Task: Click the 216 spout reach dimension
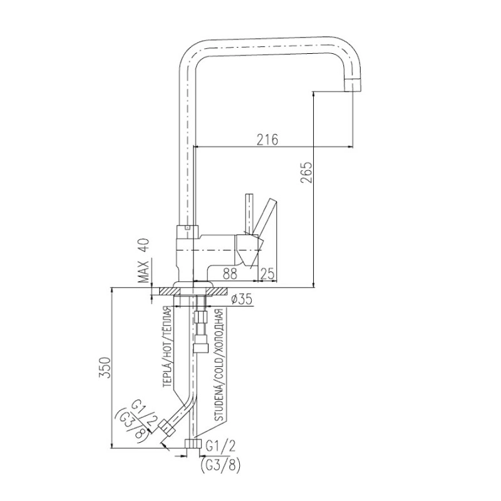pyautogui.click(x=268, y=139)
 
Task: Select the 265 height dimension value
pyautogui.click(x=306, y=173)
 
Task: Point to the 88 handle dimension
pyautogui.click(x=230, y=274)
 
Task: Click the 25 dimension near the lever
pyautogui.click(x=268, y=274)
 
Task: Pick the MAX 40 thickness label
pyautogui.click(x=145, y=261)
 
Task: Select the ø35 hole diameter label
pyautogui.click(x=241, y=299)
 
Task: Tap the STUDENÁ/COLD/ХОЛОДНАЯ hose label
pyautogui.click(x=220, y=365)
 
